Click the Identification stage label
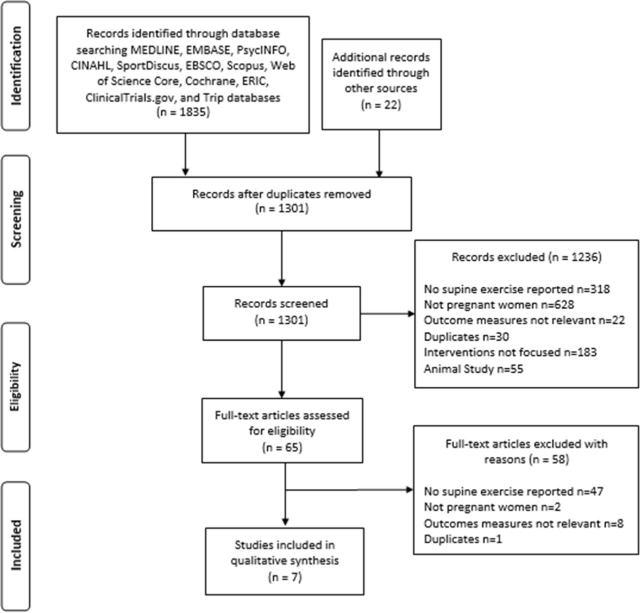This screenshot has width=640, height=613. pos(16,66)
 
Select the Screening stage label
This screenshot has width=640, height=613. pos(16,219)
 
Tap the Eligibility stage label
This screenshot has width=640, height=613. pos(15,386)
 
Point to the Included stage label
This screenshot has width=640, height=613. pos(16,545)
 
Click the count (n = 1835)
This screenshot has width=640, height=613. pos(183,112)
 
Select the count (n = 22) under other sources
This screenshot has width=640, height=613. pos(381,105)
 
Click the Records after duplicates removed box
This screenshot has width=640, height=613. pos(281,204)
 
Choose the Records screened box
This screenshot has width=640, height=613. pos(281,313)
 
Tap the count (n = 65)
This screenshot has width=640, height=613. pos(282,447)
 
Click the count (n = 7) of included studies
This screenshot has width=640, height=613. pos(285,577)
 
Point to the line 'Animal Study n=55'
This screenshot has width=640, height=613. pos(473,369)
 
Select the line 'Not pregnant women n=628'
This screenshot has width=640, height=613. pos(499,305)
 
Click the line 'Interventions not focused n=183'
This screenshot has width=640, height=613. pos(510,352)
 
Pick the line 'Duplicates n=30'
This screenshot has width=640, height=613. pos(466,336)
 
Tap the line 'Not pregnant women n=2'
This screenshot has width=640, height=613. pos(492,506)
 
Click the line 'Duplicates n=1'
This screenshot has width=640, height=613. pos(463,539)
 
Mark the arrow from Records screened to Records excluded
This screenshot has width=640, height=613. pos(387,313)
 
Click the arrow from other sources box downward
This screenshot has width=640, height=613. pos(379,154)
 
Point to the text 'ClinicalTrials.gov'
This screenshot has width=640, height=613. pos(129,98)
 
